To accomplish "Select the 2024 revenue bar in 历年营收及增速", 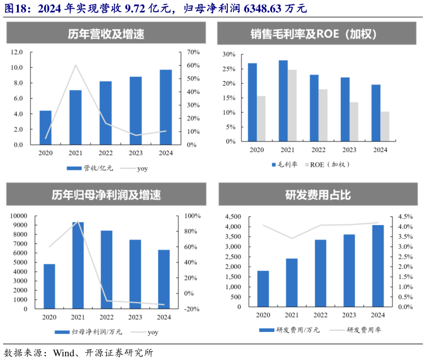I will (166, 107).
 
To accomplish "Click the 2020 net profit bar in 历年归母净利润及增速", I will (50, 286).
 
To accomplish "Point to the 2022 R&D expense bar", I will (320, 273).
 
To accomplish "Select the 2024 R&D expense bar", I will (378, 266).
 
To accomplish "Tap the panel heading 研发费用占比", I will (318, 195).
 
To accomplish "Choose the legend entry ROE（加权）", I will (329, 164).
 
